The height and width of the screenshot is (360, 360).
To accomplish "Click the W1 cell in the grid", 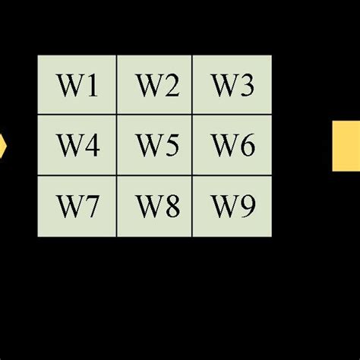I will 77,85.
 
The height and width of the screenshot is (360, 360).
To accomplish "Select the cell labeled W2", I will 155,85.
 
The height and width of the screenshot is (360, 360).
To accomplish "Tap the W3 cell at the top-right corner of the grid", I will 232,85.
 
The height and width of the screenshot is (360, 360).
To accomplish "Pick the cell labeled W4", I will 77,145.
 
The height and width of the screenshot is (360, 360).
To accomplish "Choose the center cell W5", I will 155,145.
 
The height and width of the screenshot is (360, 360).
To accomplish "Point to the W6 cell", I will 232,145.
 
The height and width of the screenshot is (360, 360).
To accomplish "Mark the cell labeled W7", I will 77,206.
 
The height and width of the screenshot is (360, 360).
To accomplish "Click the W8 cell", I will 155,206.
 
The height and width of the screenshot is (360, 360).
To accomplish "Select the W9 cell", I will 232,206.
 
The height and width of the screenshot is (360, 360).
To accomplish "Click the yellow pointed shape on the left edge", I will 2,145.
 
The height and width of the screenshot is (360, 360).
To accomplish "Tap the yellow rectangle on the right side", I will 346,145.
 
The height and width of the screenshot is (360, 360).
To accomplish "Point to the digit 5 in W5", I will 171,145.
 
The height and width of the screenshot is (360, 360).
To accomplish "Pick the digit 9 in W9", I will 248,206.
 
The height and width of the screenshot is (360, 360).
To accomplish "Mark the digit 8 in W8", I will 171,206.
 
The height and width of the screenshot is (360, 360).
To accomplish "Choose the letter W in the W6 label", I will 224,145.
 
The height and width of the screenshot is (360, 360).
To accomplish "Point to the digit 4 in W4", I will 92,145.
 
